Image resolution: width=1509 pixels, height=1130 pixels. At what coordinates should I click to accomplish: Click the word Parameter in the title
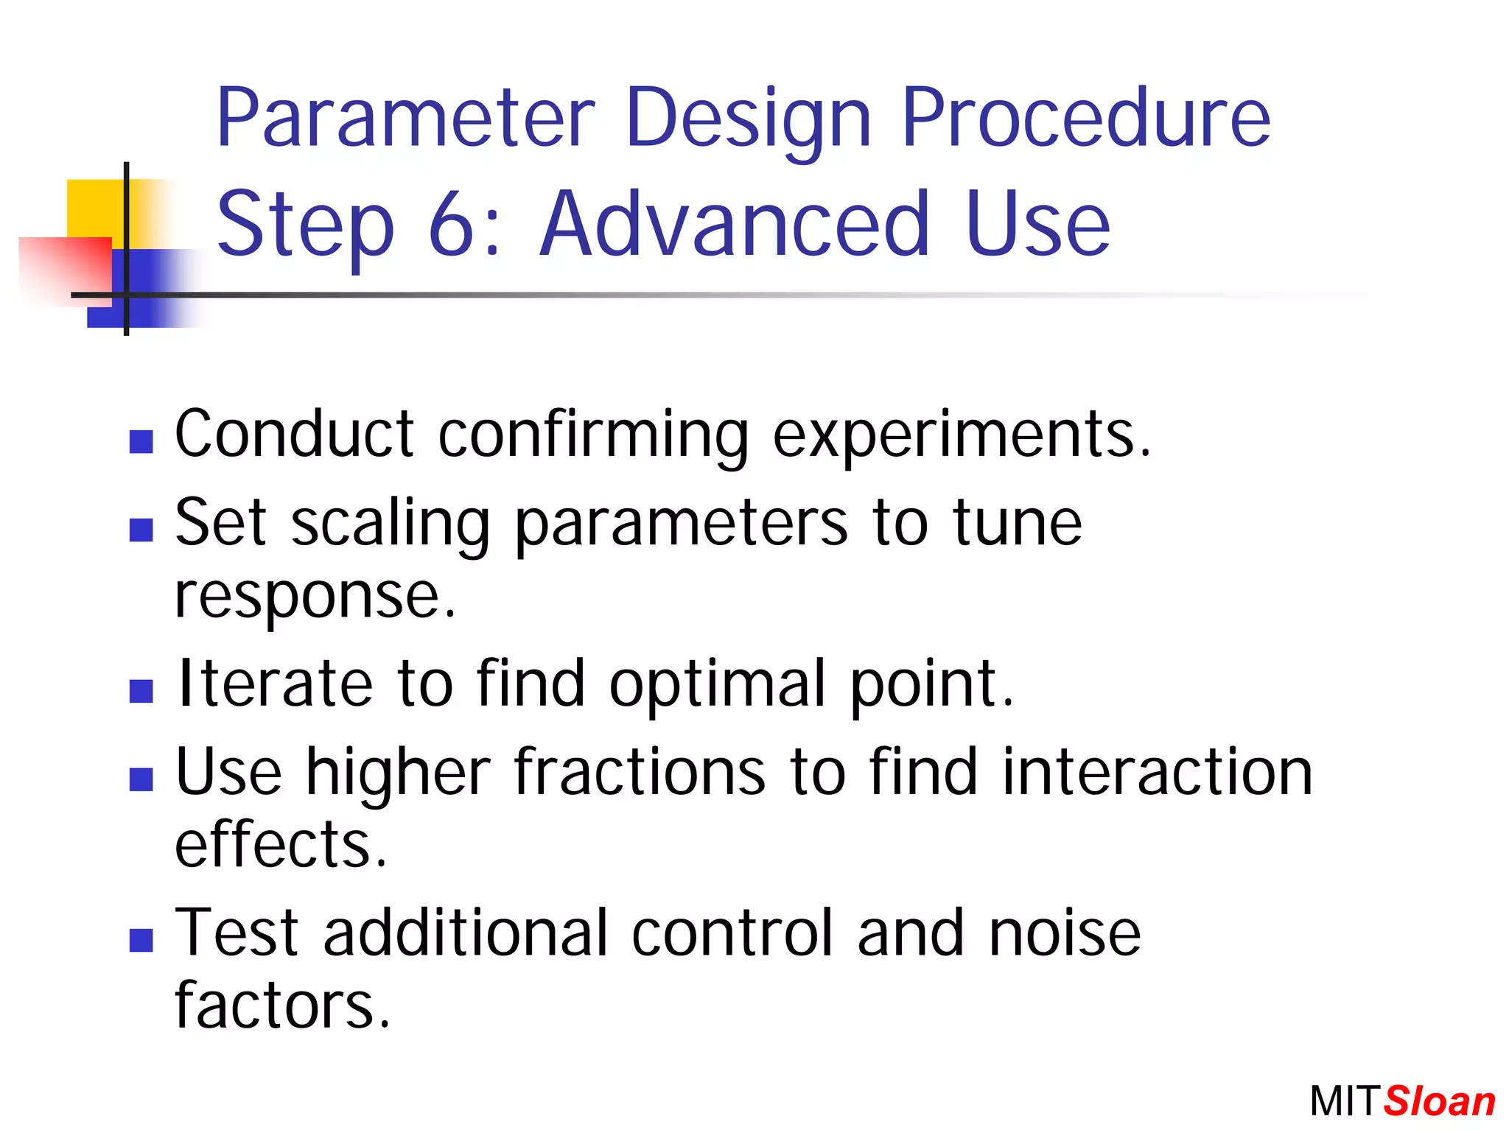pyautogui.click(x=405, y=118)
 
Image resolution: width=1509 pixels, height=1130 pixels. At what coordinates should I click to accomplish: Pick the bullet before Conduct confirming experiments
pyautogui.click(x=141, y=442)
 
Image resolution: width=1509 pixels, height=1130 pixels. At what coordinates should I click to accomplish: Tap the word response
pyautogui.click(x=315, y=597)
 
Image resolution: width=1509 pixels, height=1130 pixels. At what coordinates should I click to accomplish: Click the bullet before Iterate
pyautogui.click(x=141, y=691)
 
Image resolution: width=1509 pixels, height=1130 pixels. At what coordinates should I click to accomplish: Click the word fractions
pyautogui.click(x=640, y=773)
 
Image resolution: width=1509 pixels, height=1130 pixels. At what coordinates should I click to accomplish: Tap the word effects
pyautogui.click(x=280, y=845)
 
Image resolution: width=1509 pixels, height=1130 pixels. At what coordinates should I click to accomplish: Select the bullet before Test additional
pyautogui.click(x=141, y=941)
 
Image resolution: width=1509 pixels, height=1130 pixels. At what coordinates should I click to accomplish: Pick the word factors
pyautogui.click(x=281, y=1006)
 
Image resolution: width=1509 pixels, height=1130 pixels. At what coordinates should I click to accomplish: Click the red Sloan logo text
pyautogui.click(x=1439, y=1102)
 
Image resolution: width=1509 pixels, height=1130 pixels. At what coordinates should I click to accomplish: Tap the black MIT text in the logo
pyautogui.click(x=1342, y=1102)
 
